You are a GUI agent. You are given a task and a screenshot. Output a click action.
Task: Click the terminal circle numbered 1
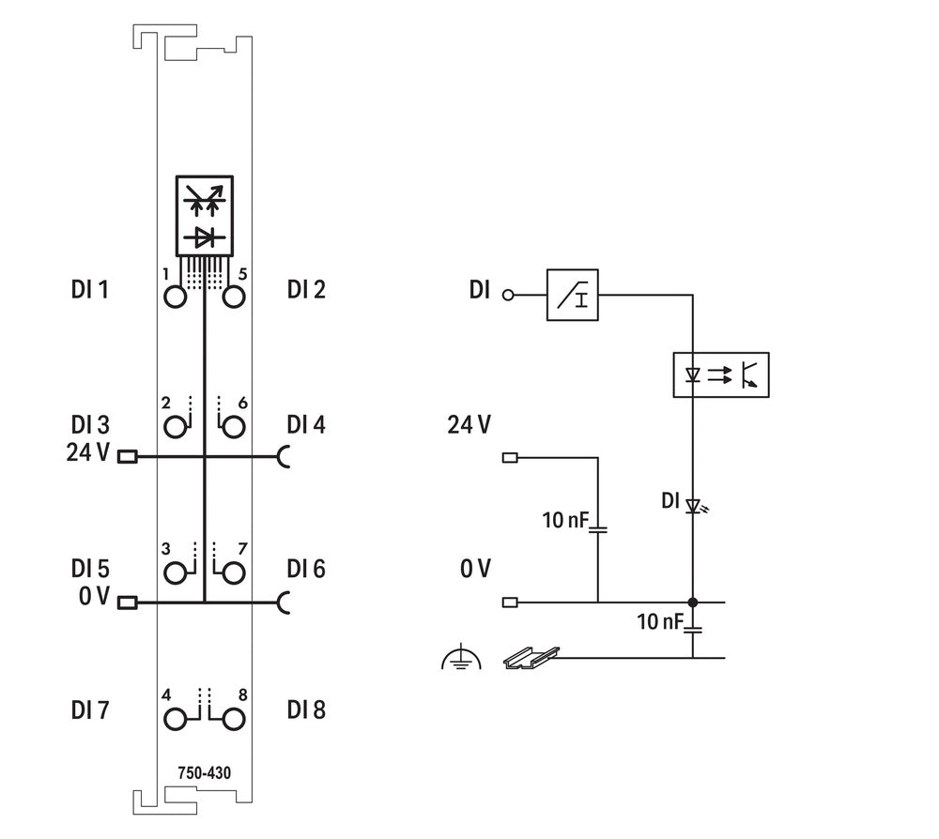point(175,297)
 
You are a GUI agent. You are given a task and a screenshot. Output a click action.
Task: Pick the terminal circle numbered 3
point(175,572)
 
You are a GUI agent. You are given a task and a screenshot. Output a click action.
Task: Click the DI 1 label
point(90,290)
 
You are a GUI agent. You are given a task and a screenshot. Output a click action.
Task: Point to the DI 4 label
point(306,425)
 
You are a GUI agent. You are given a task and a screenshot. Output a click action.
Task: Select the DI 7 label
point(90,710)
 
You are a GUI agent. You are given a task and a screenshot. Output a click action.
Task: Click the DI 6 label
point(306,569)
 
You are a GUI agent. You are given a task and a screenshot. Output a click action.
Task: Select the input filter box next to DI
point(573,295)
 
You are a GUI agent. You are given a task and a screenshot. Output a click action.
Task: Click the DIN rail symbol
point(531,658)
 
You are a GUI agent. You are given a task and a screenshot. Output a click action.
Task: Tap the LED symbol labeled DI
point(694,506)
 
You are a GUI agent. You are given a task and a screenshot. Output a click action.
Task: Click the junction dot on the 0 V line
point(693,602)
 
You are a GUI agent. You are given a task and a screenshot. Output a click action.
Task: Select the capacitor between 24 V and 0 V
point(597,529)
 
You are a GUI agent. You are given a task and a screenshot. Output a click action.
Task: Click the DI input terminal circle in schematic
point(510,295)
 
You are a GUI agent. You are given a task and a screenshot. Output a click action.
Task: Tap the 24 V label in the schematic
point(469,425)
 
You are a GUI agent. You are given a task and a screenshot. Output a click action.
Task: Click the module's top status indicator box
point(204,215)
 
